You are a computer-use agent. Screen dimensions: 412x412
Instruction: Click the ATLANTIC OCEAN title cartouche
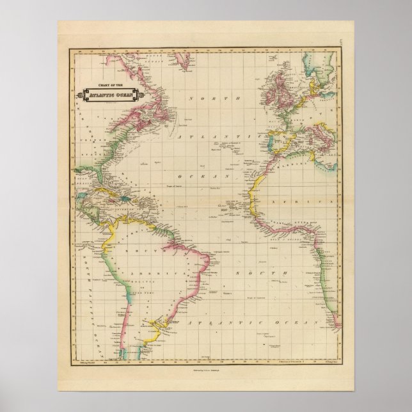coord(106,95)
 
